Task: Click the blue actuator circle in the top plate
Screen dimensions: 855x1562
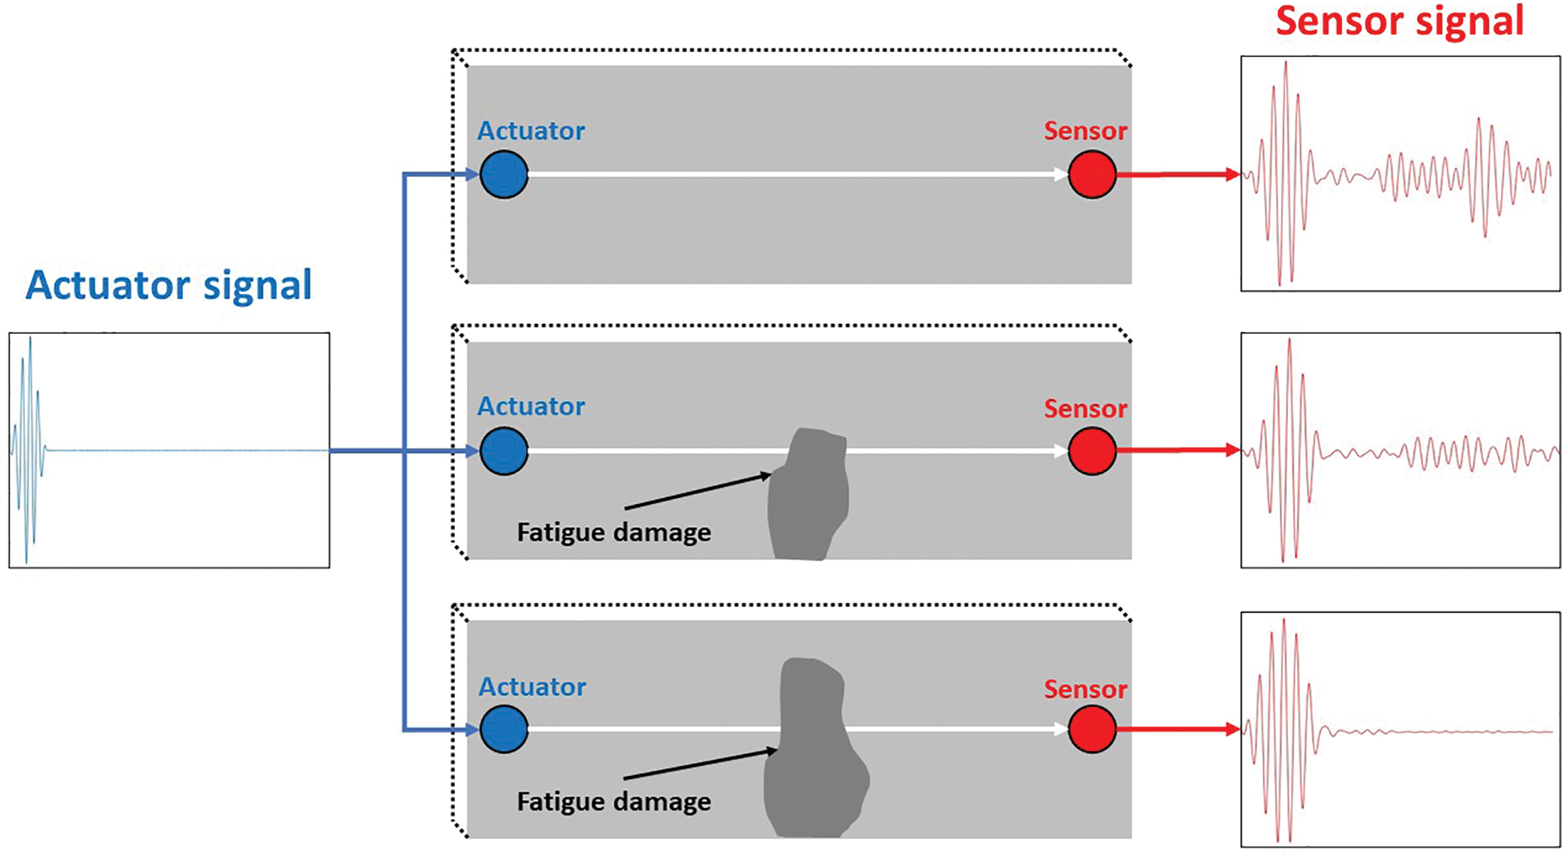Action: [504, 174]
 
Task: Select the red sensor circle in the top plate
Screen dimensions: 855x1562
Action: [1092, 174]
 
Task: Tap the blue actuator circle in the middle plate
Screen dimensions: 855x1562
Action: [504, 451]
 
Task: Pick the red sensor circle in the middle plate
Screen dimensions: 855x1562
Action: [1092, 451]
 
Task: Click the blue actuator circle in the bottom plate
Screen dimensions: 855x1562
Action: [504, 729]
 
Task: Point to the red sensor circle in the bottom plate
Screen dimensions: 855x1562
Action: [1092, 729]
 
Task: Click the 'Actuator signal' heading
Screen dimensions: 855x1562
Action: [169, 285]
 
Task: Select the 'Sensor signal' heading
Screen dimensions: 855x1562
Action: [1400, 21]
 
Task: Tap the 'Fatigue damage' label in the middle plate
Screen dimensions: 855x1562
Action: [614, 532]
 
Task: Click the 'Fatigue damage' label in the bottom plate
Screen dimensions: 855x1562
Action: [614, 802]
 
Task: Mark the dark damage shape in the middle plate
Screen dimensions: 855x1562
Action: [809, 496]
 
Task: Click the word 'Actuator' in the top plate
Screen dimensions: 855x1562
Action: [531, 130]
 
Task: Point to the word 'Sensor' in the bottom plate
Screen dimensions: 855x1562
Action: [1085, 689]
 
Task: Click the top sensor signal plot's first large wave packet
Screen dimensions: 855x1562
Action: [1285, 173]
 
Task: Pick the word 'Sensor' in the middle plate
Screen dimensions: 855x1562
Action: [1085, 409]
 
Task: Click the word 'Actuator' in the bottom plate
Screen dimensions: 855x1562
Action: [532, 686]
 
